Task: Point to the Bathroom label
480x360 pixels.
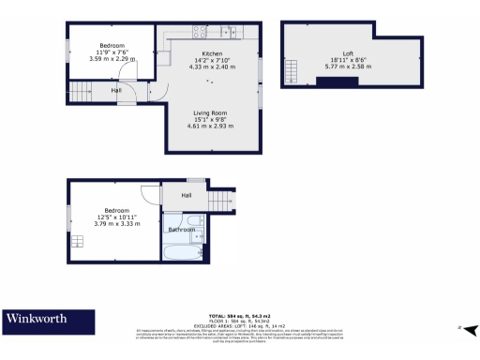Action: pos(181,229)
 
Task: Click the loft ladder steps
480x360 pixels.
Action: pos(292,70)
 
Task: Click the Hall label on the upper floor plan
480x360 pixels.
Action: pos(116,91)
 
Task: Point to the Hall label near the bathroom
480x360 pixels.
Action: pos(187,195)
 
